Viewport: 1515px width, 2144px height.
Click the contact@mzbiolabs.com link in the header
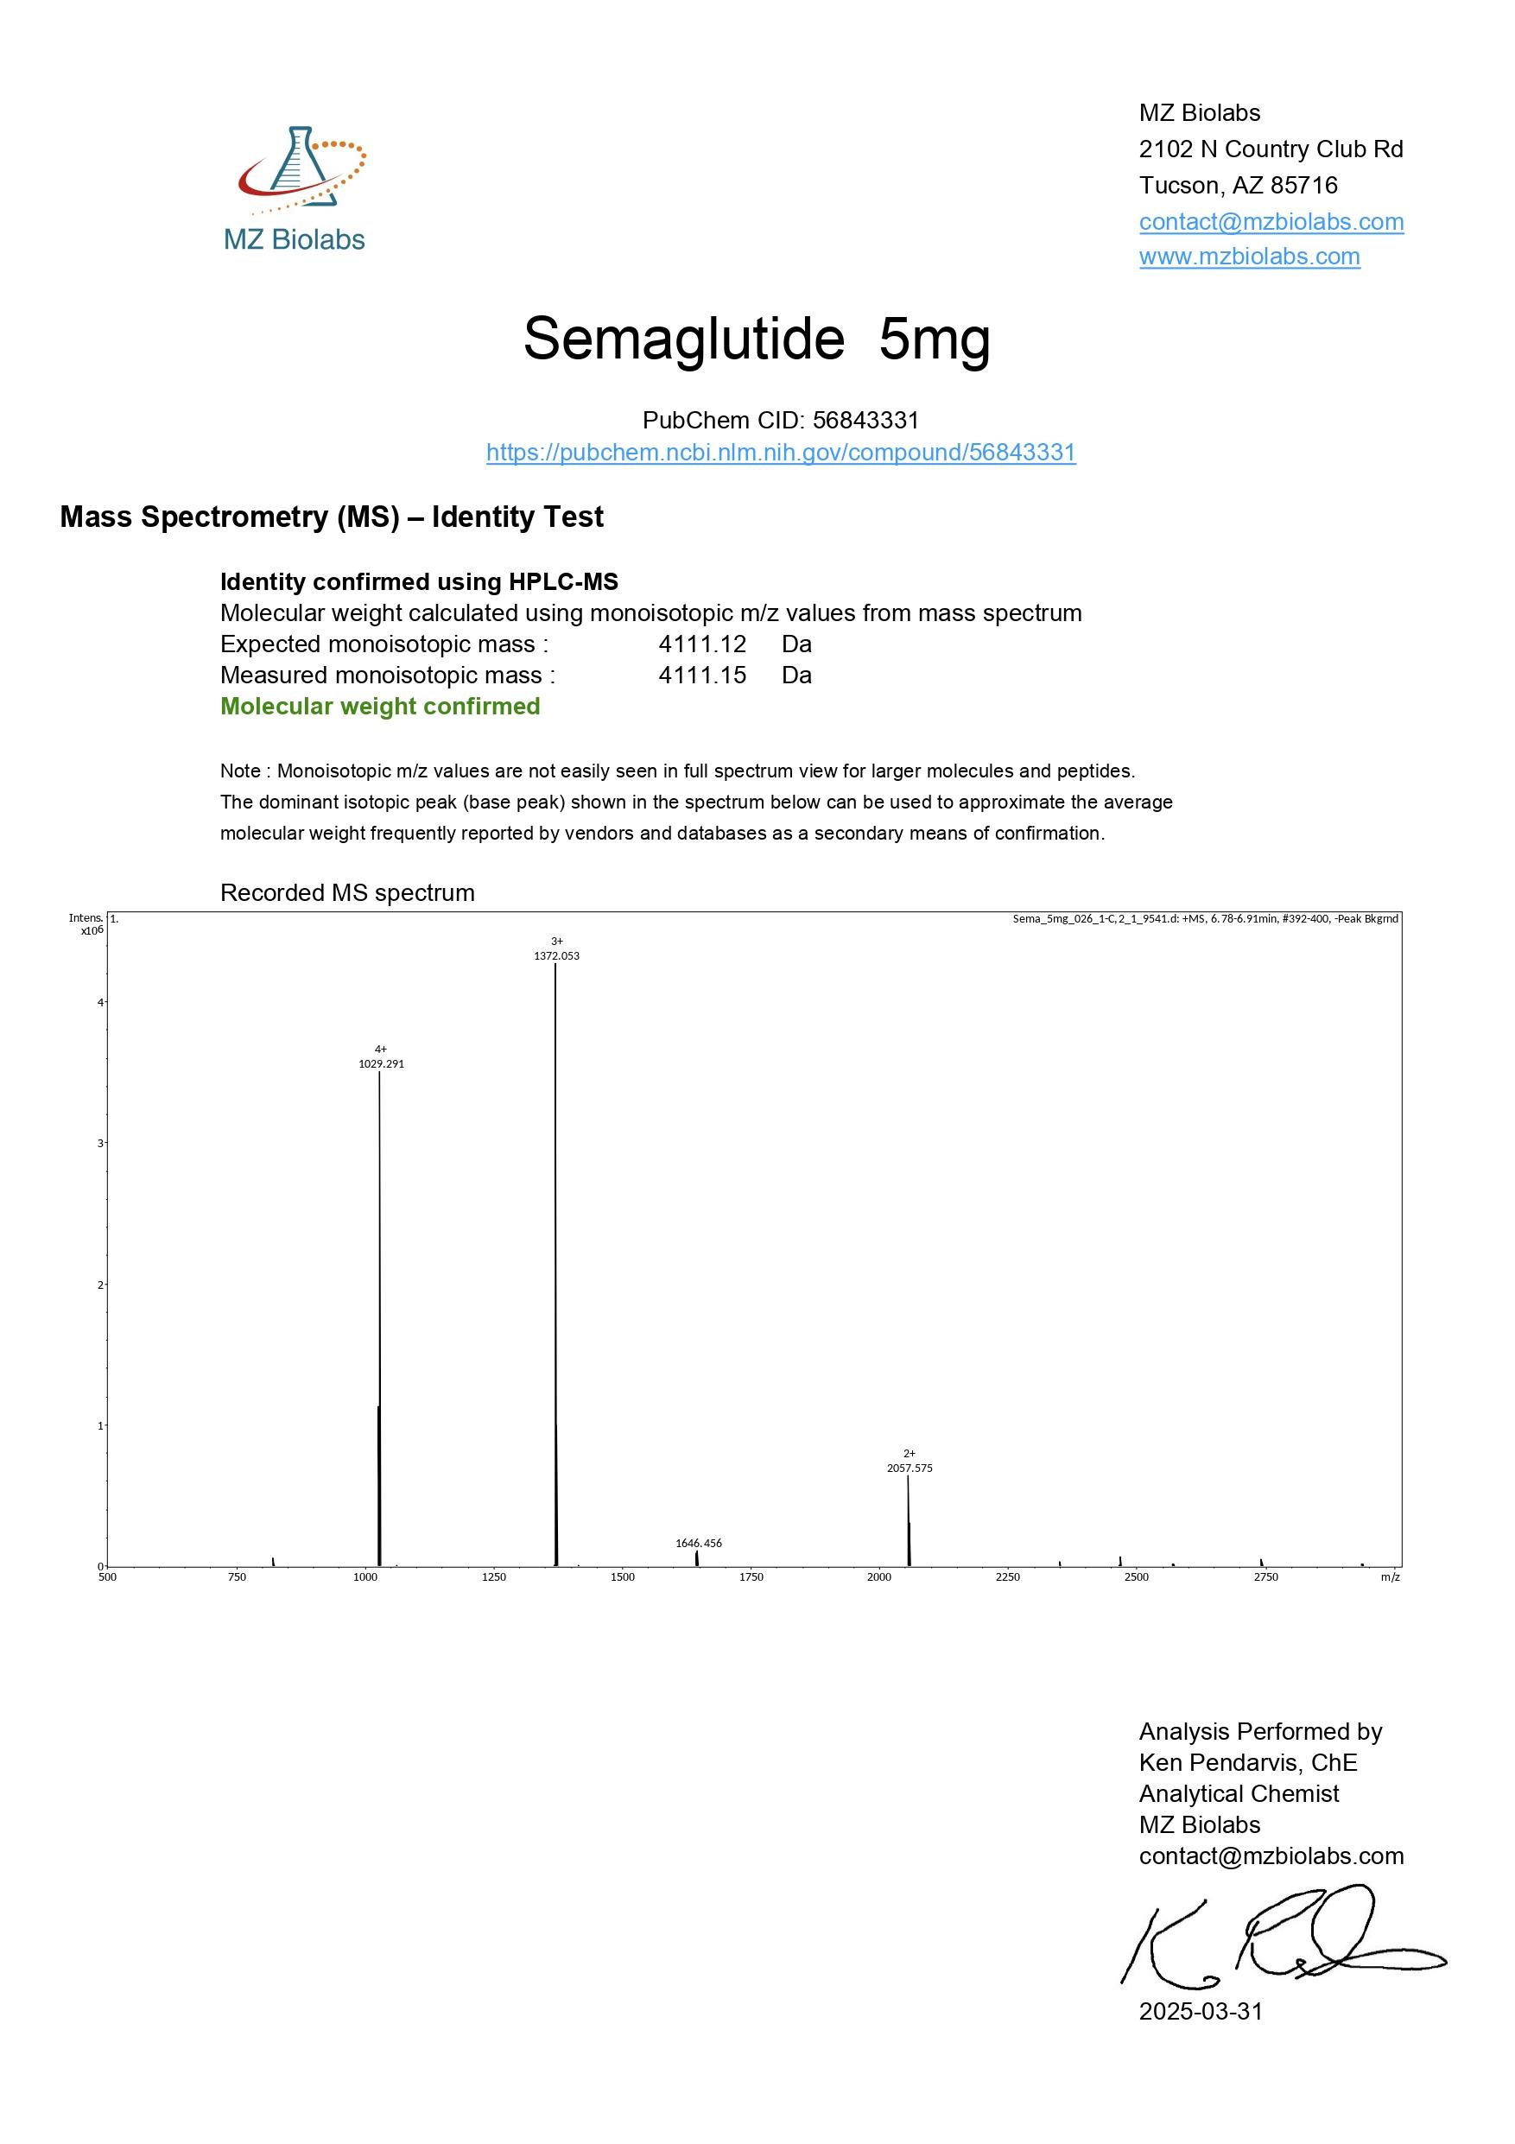click(1271, 221)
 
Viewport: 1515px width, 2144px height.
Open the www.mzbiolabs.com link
click(1249, 256)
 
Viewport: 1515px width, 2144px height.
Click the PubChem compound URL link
click(780, 453)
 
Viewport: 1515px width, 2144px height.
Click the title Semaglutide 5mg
click(756, 338)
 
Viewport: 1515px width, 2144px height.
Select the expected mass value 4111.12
click(702, 644)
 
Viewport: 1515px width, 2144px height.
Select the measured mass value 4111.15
click(702, 676)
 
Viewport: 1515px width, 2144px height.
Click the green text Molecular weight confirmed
click(380, 706)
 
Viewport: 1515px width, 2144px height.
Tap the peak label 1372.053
click(556, 956)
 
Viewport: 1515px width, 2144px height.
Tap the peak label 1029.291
click(381, 1063)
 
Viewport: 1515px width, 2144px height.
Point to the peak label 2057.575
click(910, 1468)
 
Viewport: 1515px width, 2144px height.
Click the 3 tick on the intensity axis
click(100, 1144)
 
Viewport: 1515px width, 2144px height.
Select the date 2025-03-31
click(1201, 2011)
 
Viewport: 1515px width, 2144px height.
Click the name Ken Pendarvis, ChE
click(1247, 1763)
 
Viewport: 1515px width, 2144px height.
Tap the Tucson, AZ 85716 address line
click(1238, 185)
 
